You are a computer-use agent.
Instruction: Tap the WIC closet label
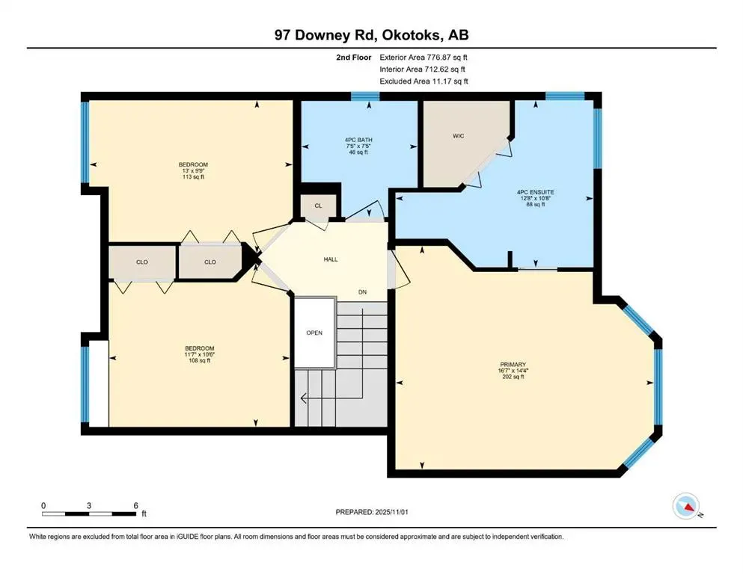459,137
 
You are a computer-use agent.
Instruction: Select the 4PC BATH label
358,138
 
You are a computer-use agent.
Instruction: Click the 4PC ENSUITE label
535,191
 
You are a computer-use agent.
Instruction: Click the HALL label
330,259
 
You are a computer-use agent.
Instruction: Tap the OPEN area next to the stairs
314,333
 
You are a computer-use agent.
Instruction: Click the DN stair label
362,292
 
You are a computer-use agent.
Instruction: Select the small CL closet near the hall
318,206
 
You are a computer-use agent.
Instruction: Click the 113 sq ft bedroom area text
193,177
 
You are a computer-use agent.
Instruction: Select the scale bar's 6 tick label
135,505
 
